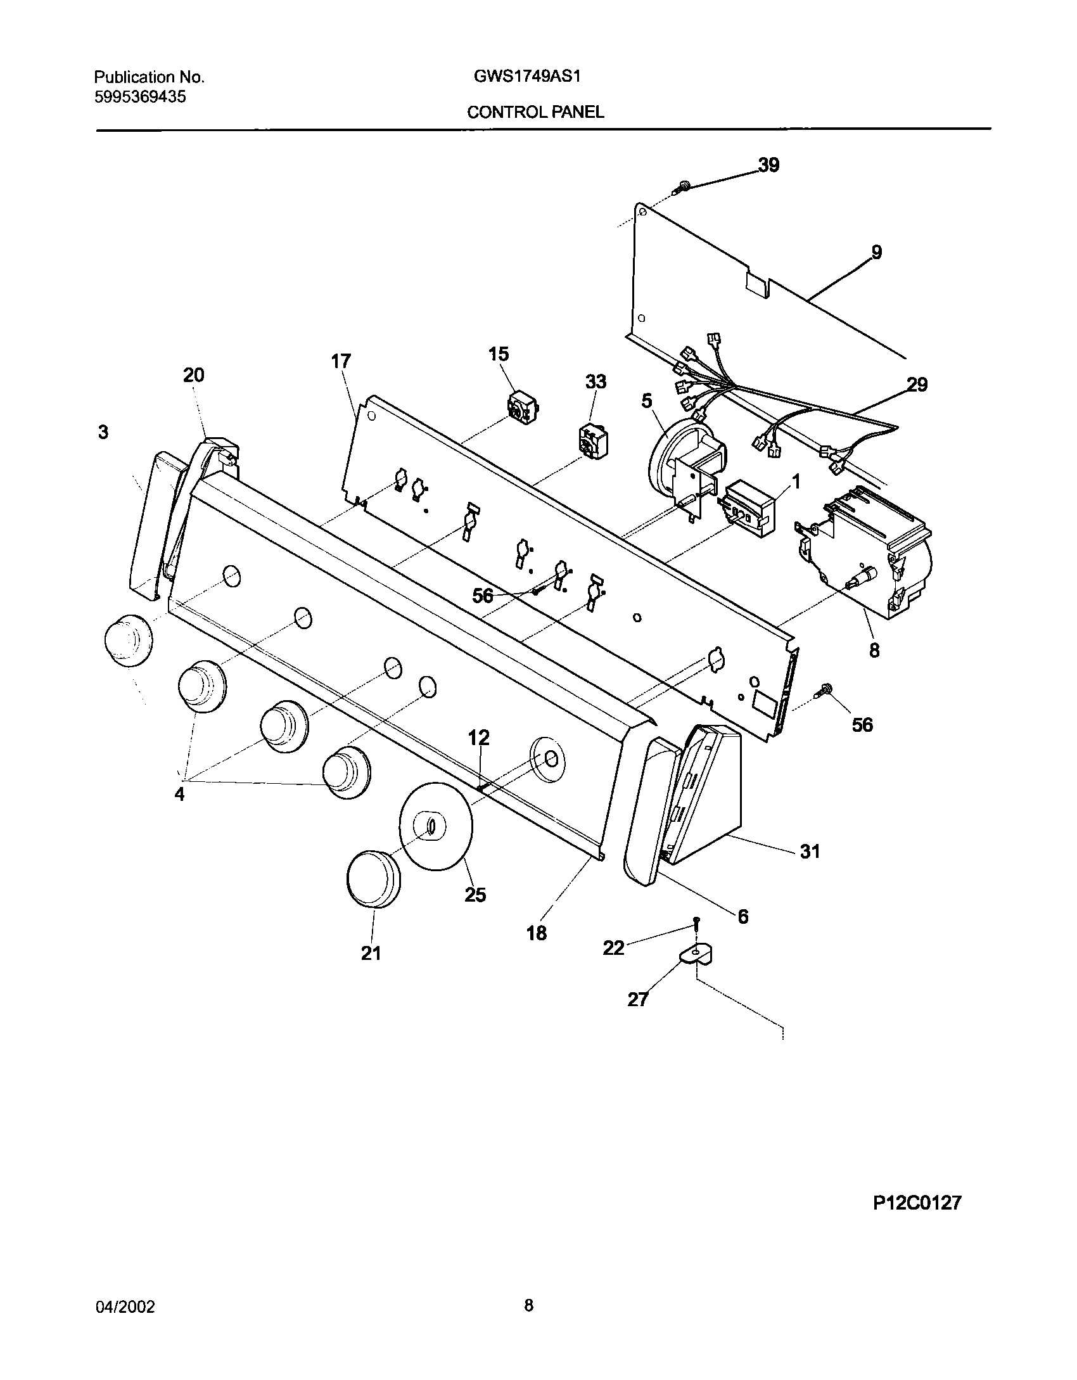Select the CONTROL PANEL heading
tap(535, 112)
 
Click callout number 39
tap(768, 165)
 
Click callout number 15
tap(499, 354)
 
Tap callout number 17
tap(340, 362)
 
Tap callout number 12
tap(479, 738)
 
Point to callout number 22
tap(613, 948)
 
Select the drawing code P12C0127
tap(917, 1220)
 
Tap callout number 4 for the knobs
tap(180, 794)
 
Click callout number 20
tap(194, 375)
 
